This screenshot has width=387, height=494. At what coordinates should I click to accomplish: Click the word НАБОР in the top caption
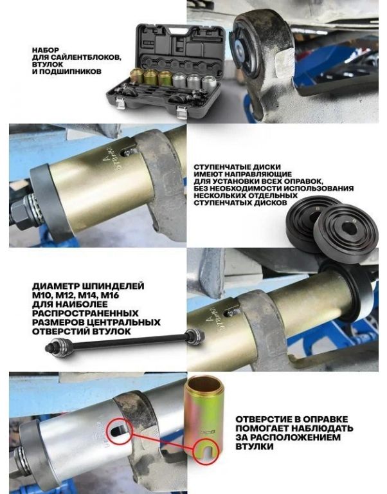pyautogui.click(x=46, y=50)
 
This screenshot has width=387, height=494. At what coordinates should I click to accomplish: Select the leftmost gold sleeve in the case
pyautogui.click(x=136, y=76)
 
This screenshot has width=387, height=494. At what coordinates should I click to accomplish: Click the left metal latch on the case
pyautogui.click(x=120, y=103)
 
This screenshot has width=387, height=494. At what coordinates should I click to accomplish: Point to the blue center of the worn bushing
pyautogui.click(x=240, y=50)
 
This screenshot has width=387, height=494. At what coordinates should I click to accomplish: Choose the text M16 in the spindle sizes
pyautogui.click(x=109, y=295)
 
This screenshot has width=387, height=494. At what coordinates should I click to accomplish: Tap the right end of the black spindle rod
pyautogui.click(x=201, y=335)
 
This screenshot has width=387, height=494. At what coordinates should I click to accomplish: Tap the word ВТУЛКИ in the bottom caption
pyautogui.click(x=255, y=446)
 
